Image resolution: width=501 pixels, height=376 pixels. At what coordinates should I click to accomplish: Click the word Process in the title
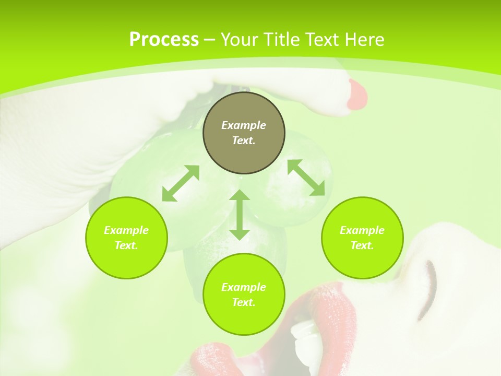(x=164, y=40)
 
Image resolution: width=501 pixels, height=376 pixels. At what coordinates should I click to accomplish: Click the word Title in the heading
(x=280, y=40)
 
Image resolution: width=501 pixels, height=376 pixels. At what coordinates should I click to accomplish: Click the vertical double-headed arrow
(x=240, y=215)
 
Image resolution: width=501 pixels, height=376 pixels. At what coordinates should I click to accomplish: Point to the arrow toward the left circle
(x=181, y=183)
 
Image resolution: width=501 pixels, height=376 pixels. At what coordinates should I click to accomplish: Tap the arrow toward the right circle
(x=306, y=178)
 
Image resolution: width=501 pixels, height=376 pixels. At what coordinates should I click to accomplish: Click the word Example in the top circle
(x=244, y=125)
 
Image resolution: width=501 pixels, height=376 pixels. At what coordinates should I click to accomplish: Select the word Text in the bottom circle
(x=243, y=302)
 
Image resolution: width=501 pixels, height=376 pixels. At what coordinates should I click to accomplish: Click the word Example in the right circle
(x=362, y=230)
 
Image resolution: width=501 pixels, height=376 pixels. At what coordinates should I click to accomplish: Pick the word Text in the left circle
(x=126, y=245)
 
